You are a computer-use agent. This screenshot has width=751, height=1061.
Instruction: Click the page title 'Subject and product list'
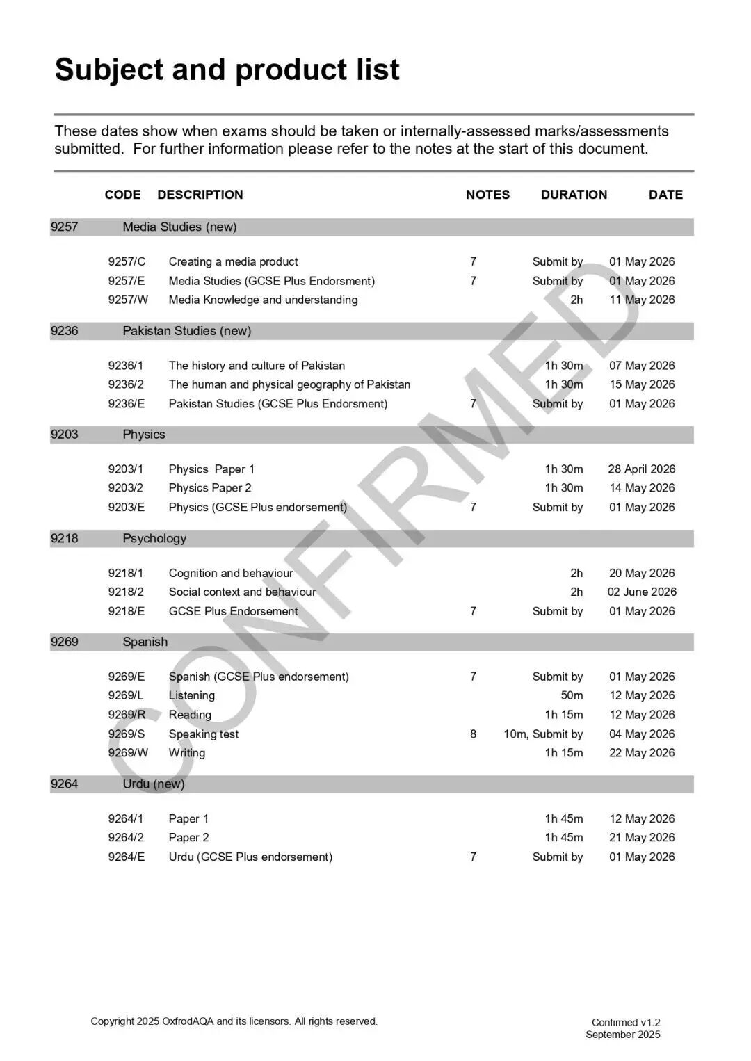pyautogui.click(x=227, y=70)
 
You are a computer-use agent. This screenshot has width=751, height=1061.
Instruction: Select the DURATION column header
pyautogui.click(x=574, y=195)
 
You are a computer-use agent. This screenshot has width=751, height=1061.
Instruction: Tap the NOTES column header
pyautogui.click(x=487, y=195)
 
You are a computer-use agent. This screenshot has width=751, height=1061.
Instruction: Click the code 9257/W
pyautogui.click(x=128, y=300)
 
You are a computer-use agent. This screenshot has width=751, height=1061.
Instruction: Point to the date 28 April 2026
pyautogui.click(x=641, y=469)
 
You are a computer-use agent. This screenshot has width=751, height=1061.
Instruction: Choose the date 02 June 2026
pyautogui.click(x=641, y=592)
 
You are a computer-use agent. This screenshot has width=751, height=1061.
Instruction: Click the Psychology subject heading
pyautogui.click(x=154, y=538)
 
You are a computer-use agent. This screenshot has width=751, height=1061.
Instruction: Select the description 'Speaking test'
pyautogui.click(x=203, y=734)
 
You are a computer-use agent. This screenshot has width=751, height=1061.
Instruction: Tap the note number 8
pyautogui.click(x=473, y=734)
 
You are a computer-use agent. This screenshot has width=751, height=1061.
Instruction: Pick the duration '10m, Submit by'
pyautogui.click(x=543, y=734)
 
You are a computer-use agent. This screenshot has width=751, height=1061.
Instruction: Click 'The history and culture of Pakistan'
pyautogui.click(x=257, y=366)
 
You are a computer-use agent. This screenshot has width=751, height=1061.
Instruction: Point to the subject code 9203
pyautogui.click(x=65, y=435)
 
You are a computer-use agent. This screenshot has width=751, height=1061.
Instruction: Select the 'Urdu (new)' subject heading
pyautogui.click(x=154, y=784)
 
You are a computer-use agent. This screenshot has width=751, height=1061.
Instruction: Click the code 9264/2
pyautogui.click(x=126, y=837)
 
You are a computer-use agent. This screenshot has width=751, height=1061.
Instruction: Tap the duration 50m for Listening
pyautogui.click(x=572, y=695)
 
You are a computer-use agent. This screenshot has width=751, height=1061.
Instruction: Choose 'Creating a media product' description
pyautogui.click(x=233, y=261)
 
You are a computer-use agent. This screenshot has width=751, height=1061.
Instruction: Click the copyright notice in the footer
pyautogui.click(x=234, y=1021)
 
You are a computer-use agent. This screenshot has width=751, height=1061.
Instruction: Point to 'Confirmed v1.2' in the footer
pyautogui.click(x=626, y=1022)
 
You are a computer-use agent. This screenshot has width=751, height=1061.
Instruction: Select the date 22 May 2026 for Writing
pyautogui.click(x=641, y=752)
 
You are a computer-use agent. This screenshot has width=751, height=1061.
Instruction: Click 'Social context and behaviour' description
pyautogui.click(x=242, y=592)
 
